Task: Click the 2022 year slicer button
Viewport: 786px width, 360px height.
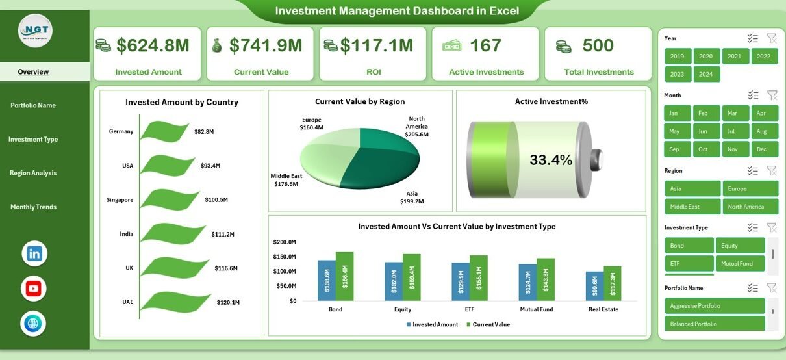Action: coord(764,57)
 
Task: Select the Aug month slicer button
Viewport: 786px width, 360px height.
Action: coord(764,131)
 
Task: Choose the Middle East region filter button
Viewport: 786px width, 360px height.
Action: coord(692,207)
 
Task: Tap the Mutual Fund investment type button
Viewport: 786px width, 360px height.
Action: coord(740,263)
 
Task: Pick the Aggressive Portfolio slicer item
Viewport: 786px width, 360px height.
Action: coord(714,306)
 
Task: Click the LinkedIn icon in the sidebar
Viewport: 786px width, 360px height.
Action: coord(34,253)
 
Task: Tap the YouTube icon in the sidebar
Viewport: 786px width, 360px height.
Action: coord(34,289)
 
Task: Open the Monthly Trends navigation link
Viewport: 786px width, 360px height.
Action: coord(33,207)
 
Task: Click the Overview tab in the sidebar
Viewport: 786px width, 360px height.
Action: coord(33,72)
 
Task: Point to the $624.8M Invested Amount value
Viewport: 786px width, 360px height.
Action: coord(153,45)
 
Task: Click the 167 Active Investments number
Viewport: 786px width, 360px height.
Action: coord(485,45)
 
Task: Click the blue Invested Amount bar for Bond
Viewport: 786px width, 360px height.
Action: coord(326,281)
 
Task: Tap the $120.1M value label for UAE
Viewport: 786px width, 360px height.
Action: coord(227,302)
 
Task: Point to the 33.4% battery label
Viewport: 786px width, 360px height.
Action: coord(551,159)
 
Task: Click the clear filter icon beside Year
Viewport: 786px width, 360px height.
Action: coord(772,38)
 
